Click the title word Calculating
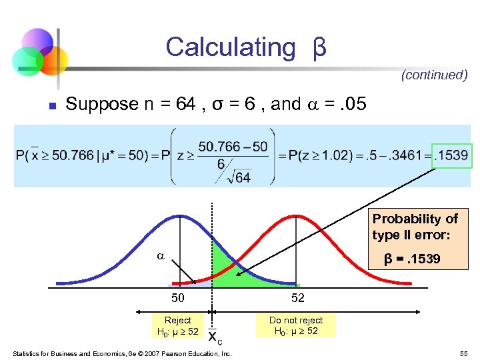(x=230, y=47)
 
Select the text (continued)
(x=434, y=75)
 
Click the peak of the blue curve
(x=178, y=216)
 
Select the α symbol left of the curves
(x=159, y=256)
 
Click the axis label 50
(x=177, y=298)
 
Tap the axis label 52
(x=295, y=298)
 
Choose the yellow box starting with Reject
(x=177, y=325)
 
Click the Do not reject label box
(x=295, y=325)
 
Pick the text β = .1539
(x=411, y=259)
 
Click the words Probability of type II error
(x=415, y=227)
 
